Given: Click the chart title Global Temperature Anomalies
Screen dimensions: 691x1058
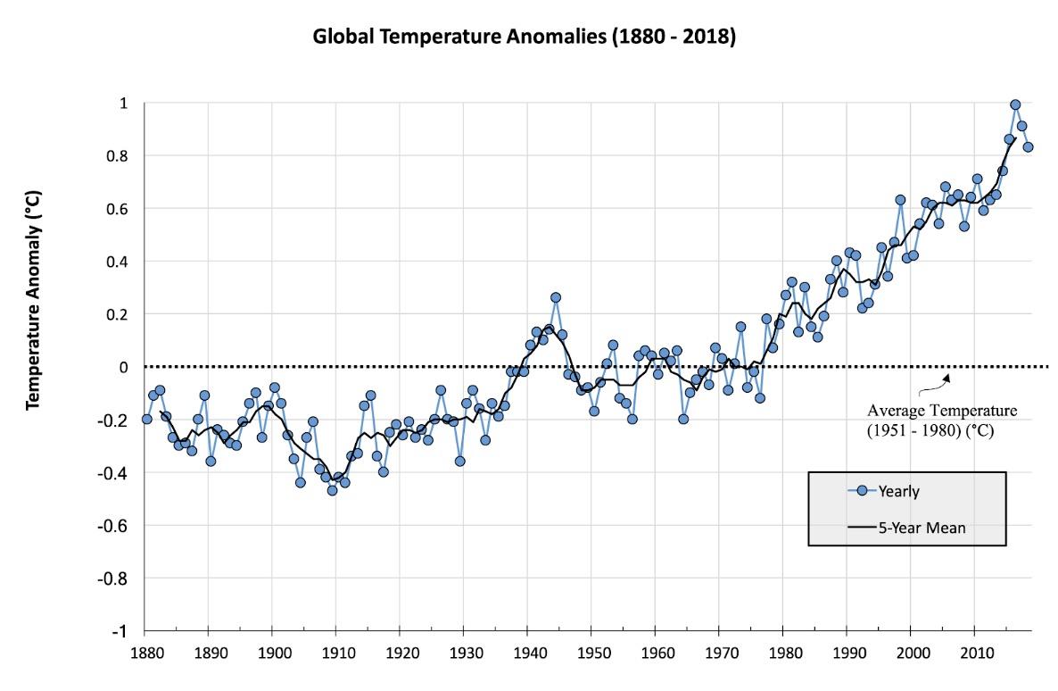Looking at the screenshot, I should [x=524, y=38].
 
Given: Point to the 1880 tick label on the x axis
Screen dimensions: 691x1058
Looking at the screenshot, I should [x=145, y=652].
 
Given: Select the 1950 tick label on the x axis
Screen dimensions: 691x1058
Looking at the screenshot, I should [x=591, y=652].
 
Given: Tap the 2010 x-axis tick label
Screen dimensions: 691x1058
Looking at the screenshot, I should [x=975, y=652].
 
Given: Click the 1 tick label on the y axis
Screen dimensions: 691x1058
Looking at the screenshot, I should [x=124, y=104].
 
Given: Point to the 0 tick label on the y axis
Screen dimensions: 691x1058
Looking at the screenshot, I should [x=124, y=367].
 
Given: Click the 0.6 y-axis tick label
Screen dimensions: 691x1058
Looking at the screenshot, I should [x=119, y=209].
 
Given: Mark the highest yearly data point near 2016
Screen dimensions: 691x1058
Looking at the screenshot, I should [x=1015, y=104].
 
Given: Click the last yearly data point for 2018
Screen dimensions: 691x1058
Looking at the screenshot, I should [x=1028, y=147].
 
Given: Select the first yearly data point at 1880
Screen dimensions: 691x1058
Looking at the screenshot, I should [x=146, y=419].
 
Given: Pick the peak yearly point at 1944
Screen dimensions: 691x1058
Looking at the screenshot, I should [x=556, y=297].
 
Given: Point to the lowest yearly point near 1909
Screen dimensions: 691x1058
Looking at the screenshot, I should [x=332, y=490].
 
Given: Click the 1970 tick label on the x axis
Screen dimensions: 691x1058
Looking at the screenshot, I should [x=719, y=652].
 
